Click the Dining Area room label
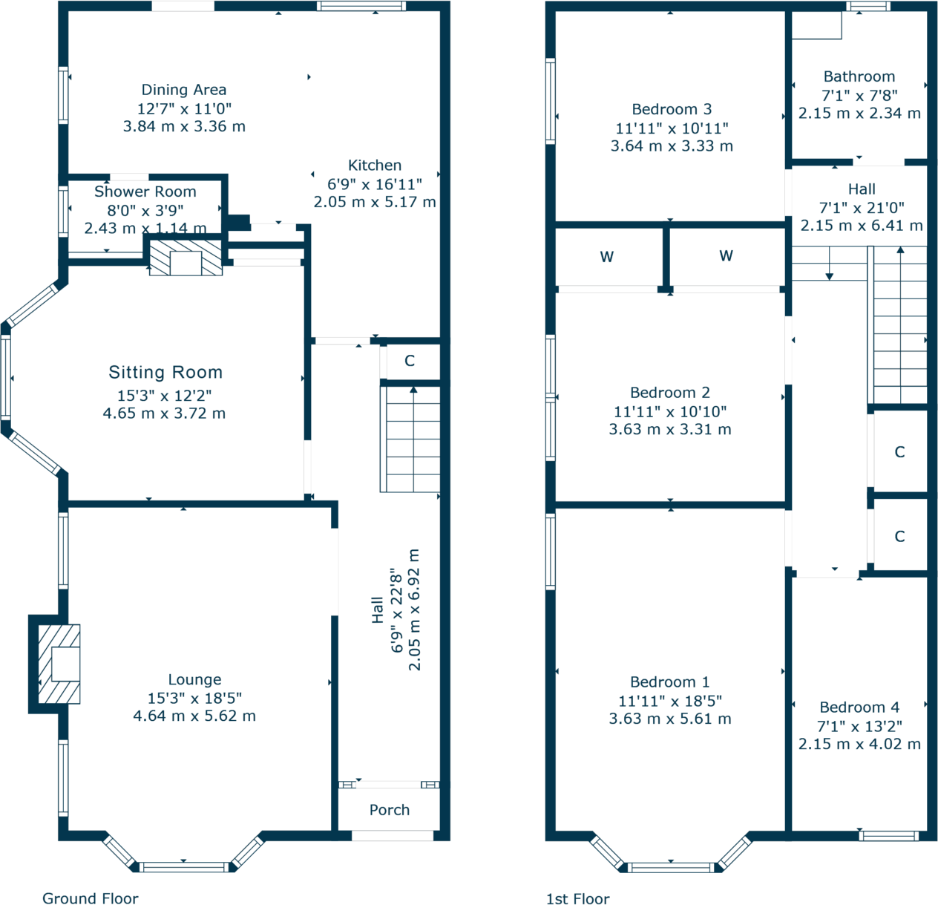184,90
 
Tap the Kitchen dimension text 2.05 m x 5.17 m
375,202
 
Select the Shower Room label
145,192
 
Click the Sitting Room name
165,373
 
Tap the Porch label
390,810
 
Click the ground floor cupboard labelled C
410,362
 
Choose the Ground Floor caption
91,898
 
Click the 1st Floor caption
577,899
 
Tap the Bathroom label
859,76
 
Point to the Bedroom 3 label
672,109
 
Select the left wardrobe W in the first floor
607,257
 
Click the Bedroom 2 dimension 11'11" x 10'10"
670,411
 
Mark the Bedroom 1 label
670,682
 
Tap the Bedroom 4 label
859,708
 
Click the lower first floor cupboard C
899,536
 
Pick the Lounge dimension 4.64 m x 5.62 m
194,716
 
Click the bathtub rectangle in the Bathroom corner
816,25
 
